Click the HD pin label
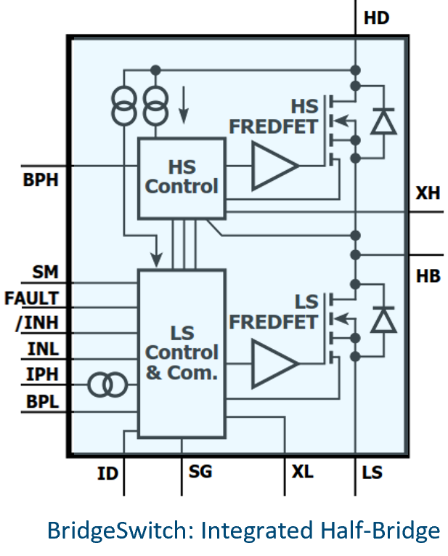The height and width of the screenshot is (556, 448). coord(377,18)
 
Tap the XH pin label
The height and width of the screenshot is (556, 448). coord(428,194)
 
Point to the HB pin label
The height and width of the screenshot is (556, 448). coord(428,276)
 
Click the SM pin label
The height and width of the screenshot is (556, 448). coord(45,273)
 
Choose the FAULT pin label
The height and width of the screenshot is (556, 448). coord(31,298)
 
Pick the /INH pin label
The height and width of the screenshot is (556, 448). coord(36,323)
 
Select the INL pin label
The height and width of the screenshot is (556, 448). coord(43,349)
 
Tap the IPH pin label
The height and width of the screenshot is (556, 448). coord(43,374)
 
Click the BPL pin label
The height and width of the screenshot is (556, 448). coord(42,400)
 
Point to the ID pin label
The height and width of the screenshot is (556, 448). coord(107,474)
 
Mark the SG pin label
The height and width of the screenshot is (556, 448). coord(200,472)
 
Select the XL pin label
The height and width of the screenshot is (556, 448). coord(302,472)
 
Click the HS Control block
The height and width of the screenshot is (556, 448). coord(182,177)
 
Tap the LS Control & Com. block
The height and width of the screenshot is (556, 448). coord(182,353)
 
